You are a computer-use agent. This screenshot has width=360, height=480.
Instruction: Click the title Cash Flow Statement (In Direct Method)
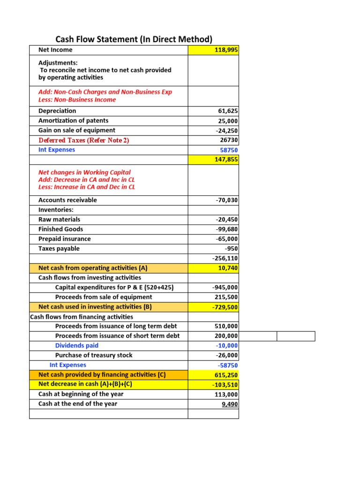134,39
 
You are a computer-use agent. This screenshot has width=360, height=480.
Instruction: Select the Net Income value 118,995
226,50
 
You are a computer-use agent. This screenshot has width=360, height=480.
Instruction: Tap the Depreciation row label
57,111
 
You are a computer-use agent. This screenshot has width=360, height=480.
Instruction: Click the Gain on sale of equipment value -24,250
226,130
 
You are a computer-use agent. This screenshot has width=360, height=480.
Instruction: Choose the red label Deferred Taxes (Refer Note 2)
83,140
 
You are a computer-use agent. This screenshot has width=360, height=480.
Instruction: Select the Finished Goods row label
60,229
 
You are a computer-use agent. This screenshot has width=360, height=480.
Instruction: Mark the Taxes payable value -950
231,249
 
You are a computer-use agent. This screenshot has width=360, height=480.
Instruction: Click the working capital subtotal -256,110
225,258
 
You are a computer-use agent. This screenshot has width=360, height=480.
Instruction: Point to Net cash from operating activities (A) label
93,268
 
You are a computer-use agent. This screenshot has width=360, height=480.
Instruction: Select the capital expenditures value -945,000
225,287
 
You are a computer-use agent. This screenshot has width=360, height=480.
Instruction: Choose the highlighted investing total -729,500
225,307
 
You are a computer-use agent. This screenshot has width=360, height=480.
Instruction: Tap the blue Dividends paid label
77,345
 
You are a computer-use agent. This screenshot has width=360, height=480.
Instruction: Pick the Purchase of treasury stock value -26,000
226,355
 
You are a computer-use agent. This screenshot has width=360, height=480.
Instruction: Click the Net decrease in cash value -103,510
225,384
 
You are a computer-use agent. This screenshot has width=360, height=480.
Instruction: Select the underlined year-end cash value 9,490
229,404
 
